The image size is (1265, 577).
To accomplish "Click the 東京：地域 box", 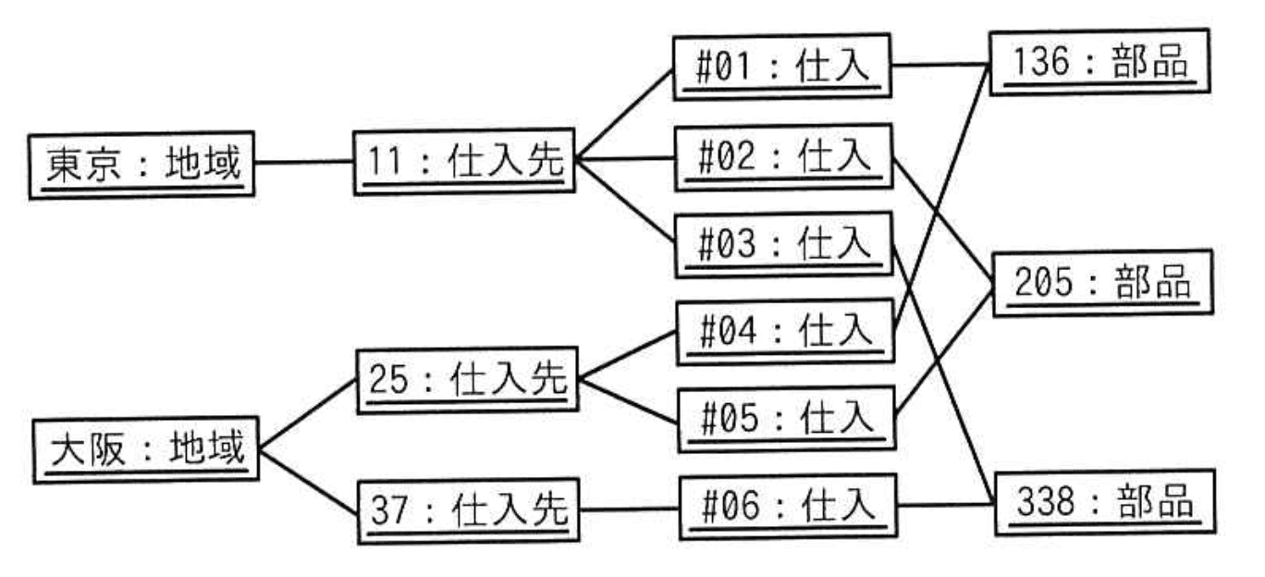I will coord(141,164).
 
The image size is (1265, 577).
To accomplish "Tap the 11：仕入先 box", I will coord(463,162).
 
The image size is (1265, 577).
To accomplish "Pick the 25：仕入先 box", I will coord(467,379).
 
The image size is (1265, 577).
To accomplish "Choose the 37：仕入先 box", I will coord(468,510).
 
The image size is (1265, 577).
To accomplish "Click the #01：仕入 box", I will coord(781,68).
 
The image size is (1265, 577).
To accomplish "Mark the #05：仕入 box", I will coord(786,418).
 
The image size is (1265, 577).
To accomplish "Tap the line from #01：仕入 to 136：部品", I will coord(940,66).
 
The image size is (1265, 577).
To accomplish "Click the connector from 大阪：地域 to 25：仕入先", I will coord(307,414).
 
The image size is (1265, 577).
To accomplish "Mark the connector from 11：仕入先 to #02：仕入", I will coord(623,159).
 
